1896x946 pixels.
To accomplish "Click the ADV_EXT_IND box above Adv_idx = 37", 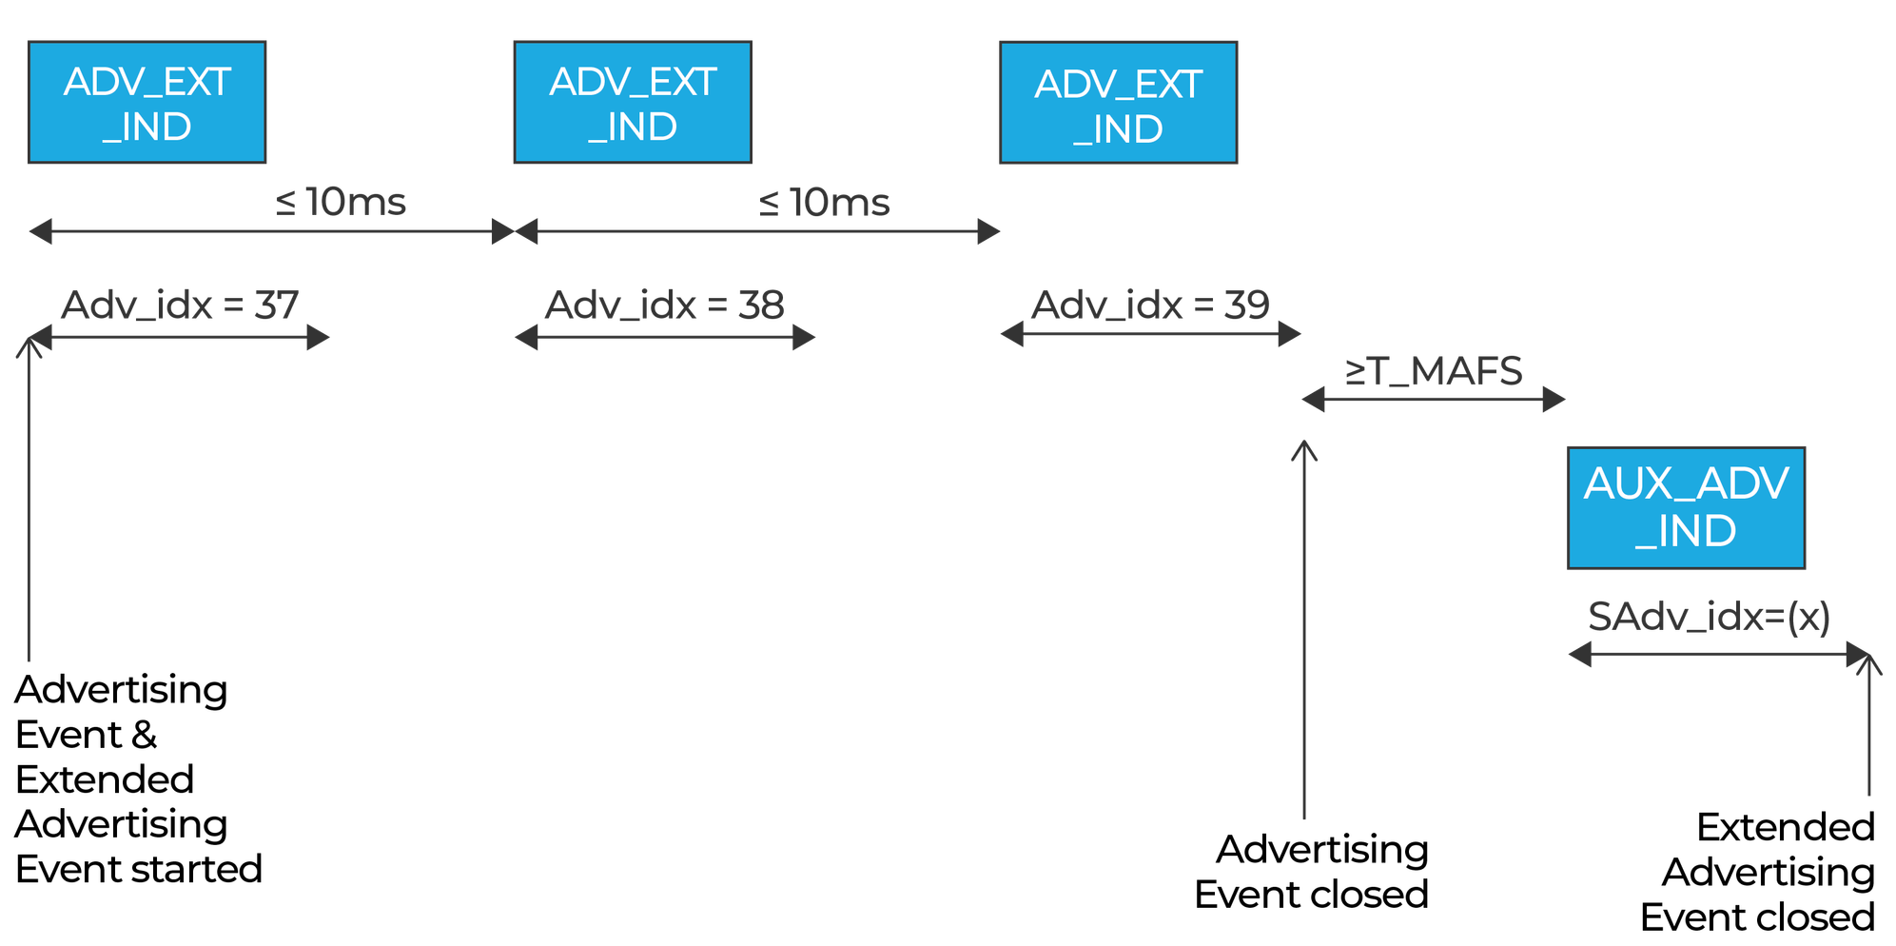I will [x=147, y=102].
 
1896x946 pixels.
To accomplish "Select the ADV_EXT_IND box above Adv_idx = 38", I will [x=633, y=102].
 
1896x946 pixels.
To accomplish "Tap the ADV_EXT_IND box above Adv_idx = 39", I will [x=1118, y=104].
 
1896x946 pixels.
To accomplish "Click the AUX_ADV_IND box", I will [x=1686, y=507].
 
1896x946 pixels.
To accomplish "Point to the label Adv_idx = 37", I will [x=180, y=305].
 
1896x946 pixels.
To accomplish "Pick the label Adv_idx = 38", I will [x=664, y=305].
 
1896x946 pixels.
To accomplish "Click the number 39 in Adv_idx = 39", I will [x=1246, y=305].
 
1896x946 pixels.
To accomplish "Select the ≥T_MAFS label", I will [x=1434, y=371].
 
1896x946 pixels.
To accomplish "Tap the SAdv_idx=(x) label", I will [x=1709, y=617].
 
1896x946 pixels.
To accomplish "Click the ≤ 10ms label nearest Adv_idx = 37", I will [x=342, y=202].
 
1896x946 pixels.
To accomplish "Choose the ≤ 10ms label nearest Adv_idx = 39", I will [x=825, y=203].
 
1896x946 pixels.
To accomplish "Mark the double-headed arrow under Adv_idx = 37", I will [x=181, y=338].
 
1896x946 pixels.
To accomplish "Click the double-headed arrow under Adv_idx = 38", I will [x=664, y=338].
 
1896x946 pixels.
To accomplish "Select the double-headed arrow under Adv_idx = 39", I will [x=1150, y=334].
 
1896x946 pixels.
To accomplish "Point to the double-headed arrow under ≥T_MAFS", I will [x=1434, y=400].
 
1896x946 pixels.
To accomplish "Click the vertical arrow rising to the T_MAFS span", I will [x=1303, y=628].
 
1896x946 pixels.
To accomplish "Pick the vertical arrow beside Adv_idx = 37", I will [x=29, y=495].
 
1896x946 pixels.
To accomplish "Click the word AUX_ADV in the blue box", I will [x=1686, y=483].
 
